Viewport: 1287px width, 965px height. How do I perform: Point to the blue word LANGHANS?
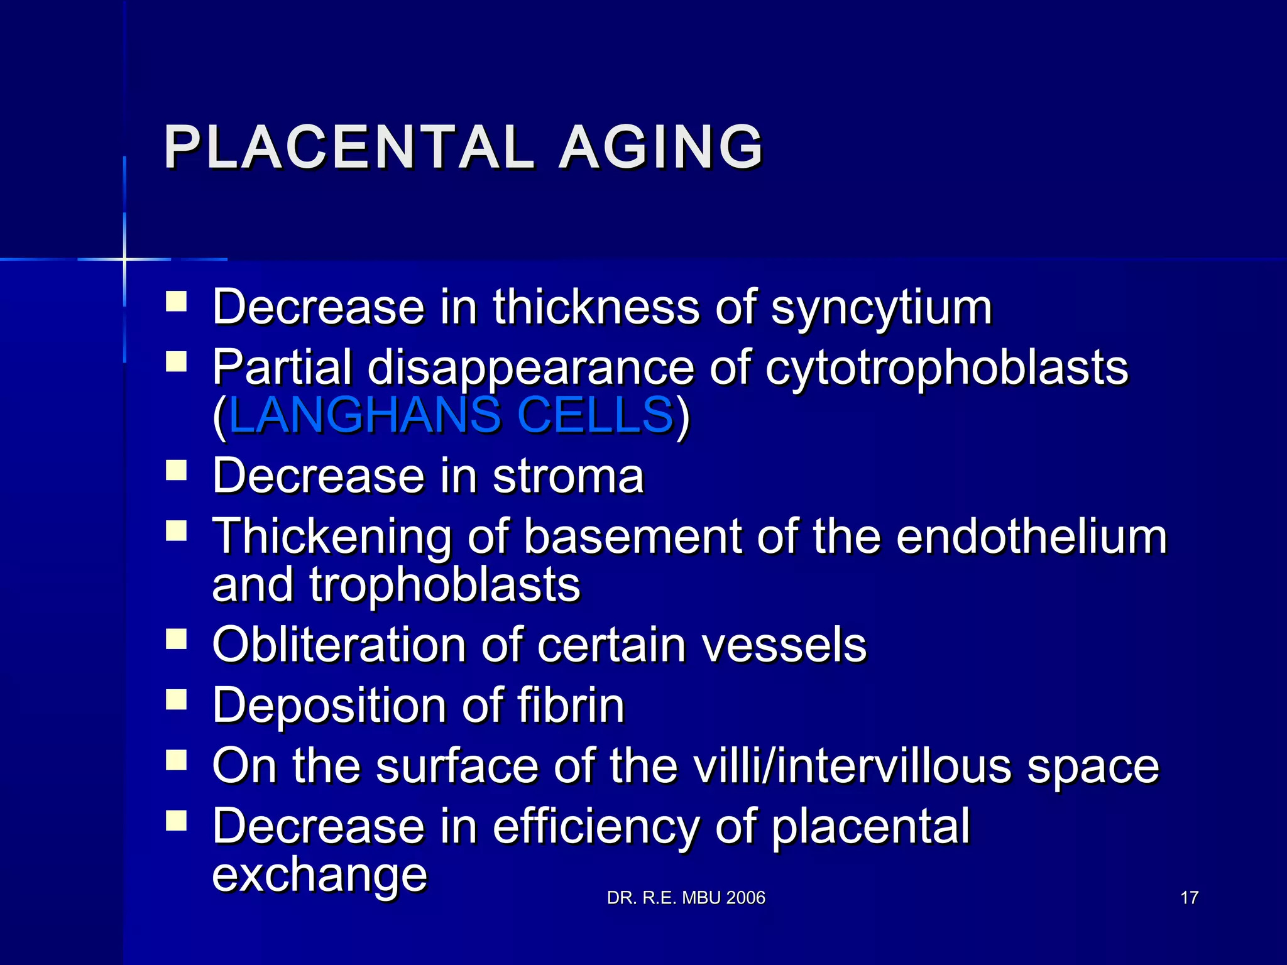[364, 415]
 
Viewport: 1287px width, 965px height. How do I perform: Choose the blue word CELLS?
[595, 415]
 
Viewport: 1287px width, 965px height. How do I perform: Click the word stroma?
[568, 476]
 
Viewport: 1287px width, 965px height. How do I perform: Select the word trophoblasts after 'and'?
[444, 585]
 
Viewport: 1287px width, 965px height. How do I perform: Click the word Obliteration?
[339, 645]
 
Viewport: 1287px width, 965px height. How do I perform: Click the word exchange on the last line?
[319, 875]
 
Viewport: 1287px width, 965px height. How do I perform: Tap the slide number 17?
[1189, 898]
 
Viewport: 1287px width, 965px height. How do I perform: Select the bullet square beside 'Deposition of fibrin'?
[177, 699]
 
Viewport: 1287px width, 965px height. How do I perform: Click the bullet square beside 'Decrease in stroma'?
[177, 470]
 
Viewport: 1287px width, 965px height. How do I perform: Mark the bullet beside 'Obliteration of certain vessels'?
[177, 639]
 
